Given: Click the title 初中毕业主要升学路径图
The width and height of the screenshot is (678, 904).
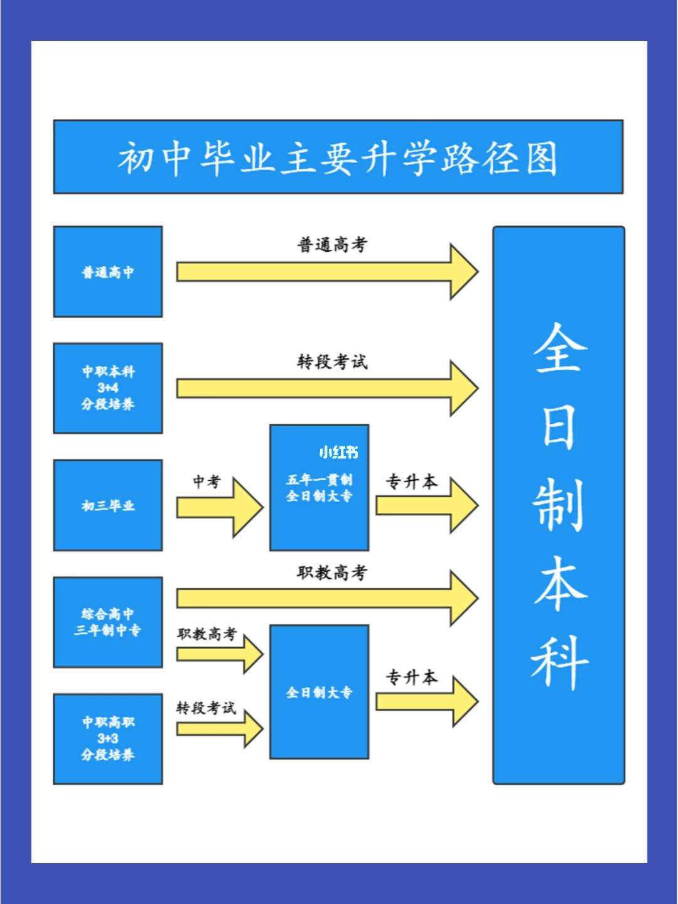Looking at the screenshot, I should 338,157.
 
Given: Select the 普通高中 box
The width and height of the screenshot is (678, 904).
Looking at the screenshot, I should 108,272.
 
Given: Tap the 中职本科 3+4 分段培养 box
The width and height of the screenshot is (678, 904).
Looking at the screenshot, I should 108,388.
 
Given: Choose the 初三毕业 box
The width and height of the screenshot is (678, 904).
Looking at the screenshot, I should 108,505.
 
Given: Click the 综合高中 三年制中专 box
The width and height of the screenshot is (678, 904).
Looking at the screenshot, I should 108,622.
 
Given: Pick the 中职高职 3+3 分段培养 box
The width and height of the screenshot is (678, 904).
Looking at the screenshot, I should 108,738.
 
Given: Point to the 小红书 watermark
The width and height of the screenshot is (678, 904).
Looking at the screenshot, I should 338,452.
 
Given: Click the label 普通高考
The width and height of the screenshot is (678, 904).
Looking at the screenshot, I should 331,245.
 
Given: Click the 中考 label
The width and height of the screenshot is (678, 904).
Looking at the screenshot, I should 207,482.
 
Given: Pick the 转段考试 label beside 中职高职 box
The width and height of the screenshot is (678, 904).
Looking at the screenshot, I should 206,708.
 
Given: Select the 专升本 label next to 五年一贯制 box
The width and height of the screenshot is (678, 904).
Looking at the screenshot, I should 411,482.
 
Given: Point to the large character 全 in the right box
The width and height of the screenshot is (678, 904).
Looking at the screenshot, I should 559,348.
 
